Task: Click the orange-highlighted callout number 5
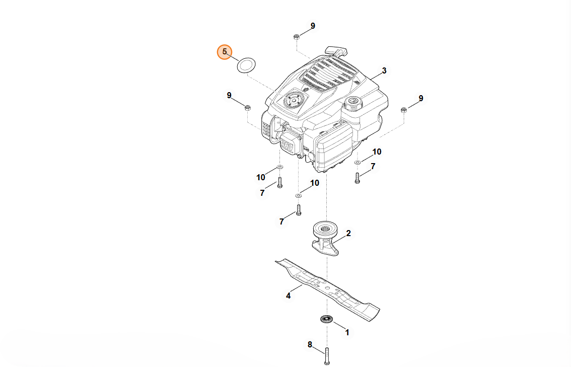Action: coord(225,52)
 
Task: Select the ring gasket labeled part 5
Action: coord(246,65)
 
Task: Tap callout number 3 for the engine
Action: coord(384,71)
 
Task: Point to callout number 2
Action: coord(348,234)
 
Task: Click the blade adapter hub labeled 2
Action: coord(325,237)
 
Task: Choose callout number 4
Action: coord(288,296)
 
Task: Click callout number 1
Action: coord(346,332)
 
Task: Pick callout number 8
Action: coord(310,345)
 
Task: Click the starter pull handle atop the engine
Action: coord(336,51)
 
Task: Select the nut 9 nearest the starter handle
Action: coord(297,36)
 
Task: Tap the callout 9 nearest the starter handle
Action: coord(313,26)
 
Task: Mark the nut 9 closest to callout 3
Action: coord(404,110)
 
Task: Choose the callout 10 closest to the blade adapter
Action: coord(315,183)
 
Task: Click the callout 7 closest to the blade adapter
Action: coord(282,221)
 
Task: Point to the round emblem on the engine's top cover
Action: coord(293,100)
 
